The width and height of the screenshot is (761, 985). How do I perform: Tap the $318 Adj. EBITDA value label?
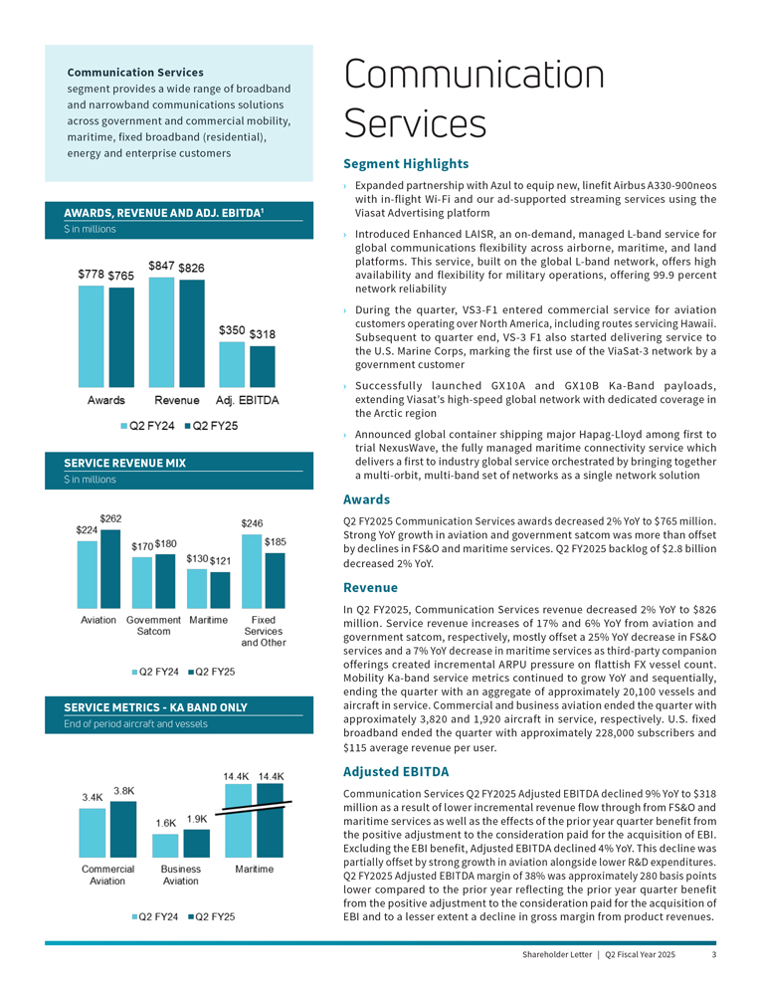[263, 335]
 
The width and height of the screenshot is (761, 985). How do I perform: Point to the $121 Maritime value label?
[221, 562]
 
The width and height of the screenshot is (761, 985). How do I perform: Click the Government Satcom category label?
[153, 625]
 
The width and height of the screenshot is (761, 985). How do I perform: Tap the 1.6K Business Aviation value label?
[165, 823]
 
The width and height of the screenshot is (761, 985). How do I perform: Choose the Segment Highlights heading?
[405, 163]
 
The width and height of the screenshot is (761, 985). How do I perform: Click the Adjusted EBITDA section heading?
[395, 771]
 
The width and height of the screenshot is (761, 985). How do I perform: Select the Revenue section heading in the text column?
[372, 588]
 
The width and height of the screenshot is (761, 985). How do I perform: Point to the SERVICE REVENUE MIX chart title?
[124, 463]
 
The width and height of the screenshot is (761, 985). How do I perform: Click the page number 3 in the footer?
[714, 955]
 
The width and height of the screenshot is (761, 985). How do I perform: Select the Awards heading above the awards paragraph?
[366, 499]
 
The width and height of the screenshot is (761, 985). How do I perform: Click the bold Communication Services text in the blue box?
[135, 72]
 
